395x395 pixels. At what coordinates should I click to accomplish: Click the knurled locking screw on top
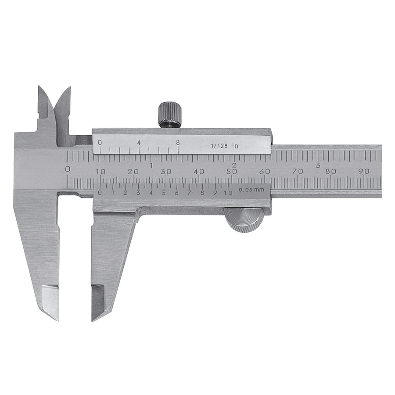(169, 115)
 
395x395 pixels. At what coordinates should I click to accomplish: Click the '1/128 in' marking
(224, 146)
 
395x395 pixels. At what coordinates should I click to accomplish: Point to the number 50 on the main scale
(231, 172)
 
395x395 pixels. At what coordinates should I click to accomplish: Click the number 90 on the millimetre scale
(363, 172)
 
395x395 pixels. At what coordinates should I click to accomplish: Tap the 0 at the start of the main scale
(68, 169)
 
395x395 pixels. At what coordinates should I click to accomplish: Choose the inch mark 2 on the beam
(234, 165)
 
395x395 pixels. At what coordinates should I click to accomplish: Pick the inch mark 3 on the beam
(318, 165)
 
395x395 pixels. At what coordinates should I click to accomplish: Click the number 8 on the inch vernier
(178, 143)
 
